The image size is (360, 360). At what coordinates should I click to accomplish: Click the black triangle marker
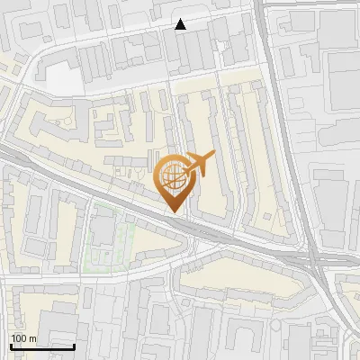(x=181, y=24)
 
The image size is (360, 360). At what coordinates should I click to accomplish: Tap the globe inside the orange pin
(x=173, y=176)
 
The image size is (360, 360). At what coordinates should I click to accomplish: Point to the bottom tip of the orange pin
(x=174, y=212)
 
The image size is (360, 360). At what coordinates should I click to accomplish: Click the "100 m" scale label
(x=22, y=338)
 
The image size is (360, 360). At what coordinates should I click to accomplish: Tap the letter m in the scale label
(x=31, y=338)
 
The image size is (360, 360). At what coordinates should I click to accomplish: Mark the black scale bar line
(x=41, y=346)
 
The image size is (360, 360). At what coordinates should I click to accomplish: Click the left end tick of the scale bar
(x=10, y=344)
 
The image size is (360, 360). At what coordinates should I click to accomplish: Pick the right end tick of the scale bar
(x=74, y=344)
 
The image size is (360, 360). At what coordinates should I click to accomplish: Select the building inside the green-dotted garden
(x=104, y=232)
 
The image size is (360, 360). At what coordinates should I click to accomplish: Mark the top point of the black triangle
(x=181, y=19)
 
